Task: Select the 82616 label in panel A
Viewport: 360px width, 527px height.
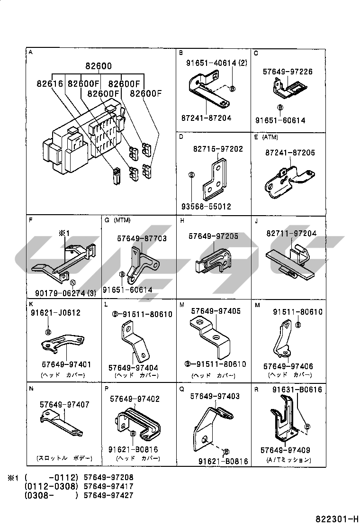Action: click(x=50, y=83)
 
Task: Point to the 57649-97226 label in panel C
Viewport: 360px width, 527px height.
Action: click(x=288, y=72)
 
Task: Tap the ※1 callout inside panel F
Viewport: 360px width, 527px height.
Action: click(x=64, y=233)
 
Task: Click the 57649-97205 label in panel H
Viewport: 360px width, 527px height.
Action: click(x=213, y=236)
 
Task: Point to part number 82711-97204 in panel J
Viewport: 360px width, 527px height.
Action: click(x=291, y=234)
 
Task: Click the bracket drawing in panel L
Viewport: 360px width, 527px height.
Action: click(x=135, y=341)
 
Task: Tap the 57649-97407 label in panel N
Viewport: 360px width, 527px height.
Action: click(x=64, y=405)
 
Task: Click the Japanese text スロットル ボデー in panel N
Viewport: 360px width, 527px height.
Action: click(x=64, y=458)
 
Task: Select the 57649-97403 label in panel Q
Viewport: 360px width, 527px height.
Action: click(x=215, y=396)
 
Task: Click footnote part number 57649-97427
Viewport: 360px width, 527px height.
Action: click(x=108, y=495)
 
